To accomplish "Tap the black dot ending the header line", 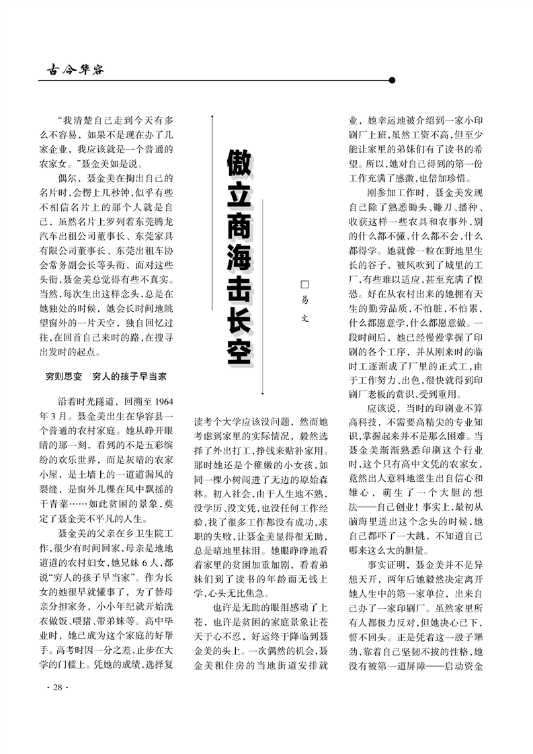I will tap(392, 80).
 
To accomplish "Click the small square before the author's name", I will tap(303, 286).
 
